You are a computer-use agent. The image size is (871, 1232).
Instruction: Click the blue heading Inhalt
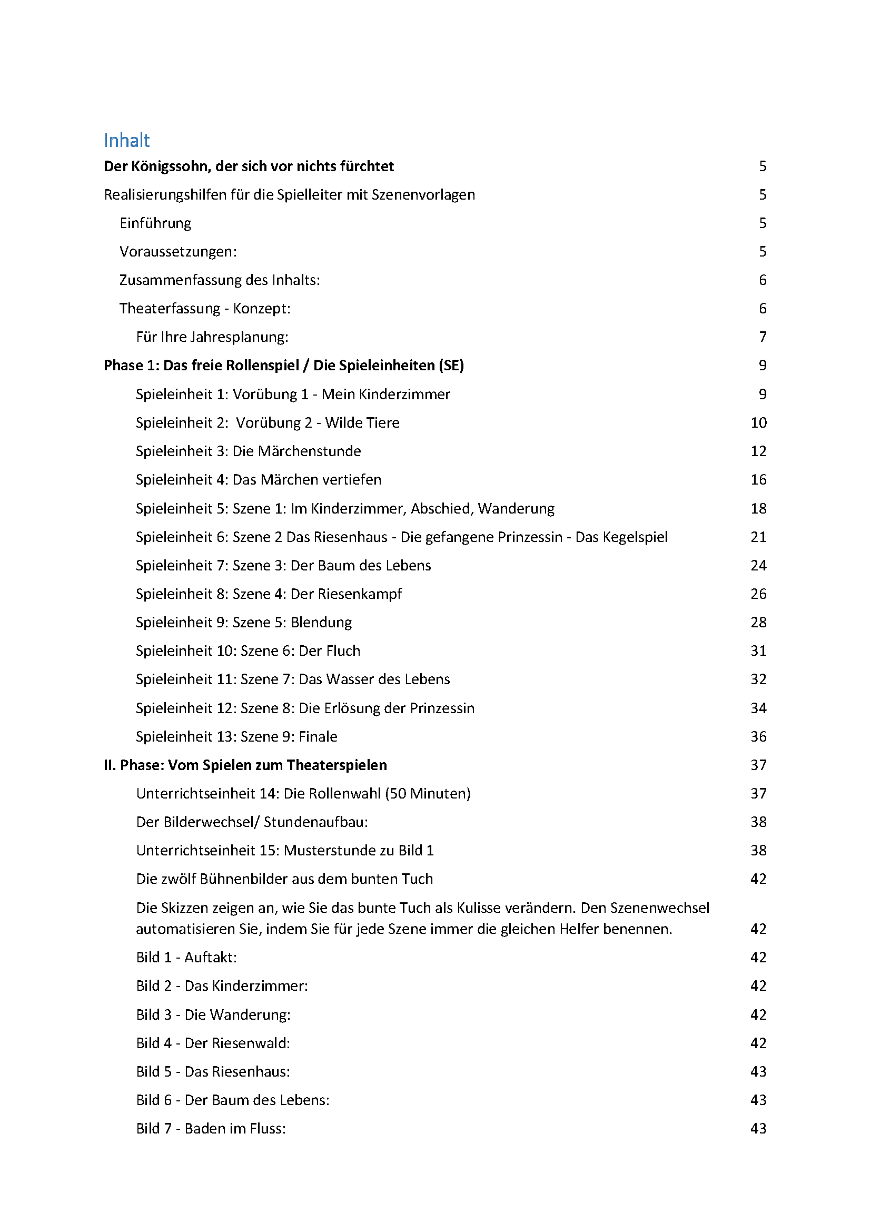126,141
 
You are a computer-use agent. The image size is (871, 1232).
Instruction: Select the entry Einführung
155,223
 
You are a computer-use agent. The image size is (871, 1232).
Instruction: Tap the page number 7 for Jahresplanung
763,337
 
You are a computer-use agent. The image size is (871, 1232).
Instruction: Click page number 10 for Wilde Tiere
758,423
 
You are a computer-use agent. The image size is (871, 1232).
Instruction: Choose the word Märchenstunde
296,451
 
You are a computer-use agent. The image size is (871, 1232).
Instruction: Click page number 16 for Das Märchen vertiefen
758,480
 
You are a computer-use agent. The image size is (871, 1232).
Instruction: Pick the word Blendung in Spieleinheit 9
321,623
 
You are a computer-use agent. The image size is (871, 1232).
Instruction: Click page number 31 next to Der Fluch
758,651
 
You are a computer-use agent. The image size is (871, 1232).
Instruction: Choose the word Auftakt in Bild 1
210,957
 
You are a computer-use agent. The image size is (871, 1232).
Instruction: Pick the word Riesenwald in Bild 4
251,1043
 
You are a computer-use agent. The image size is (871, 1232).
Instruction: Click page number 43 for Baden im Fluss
758,1128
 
